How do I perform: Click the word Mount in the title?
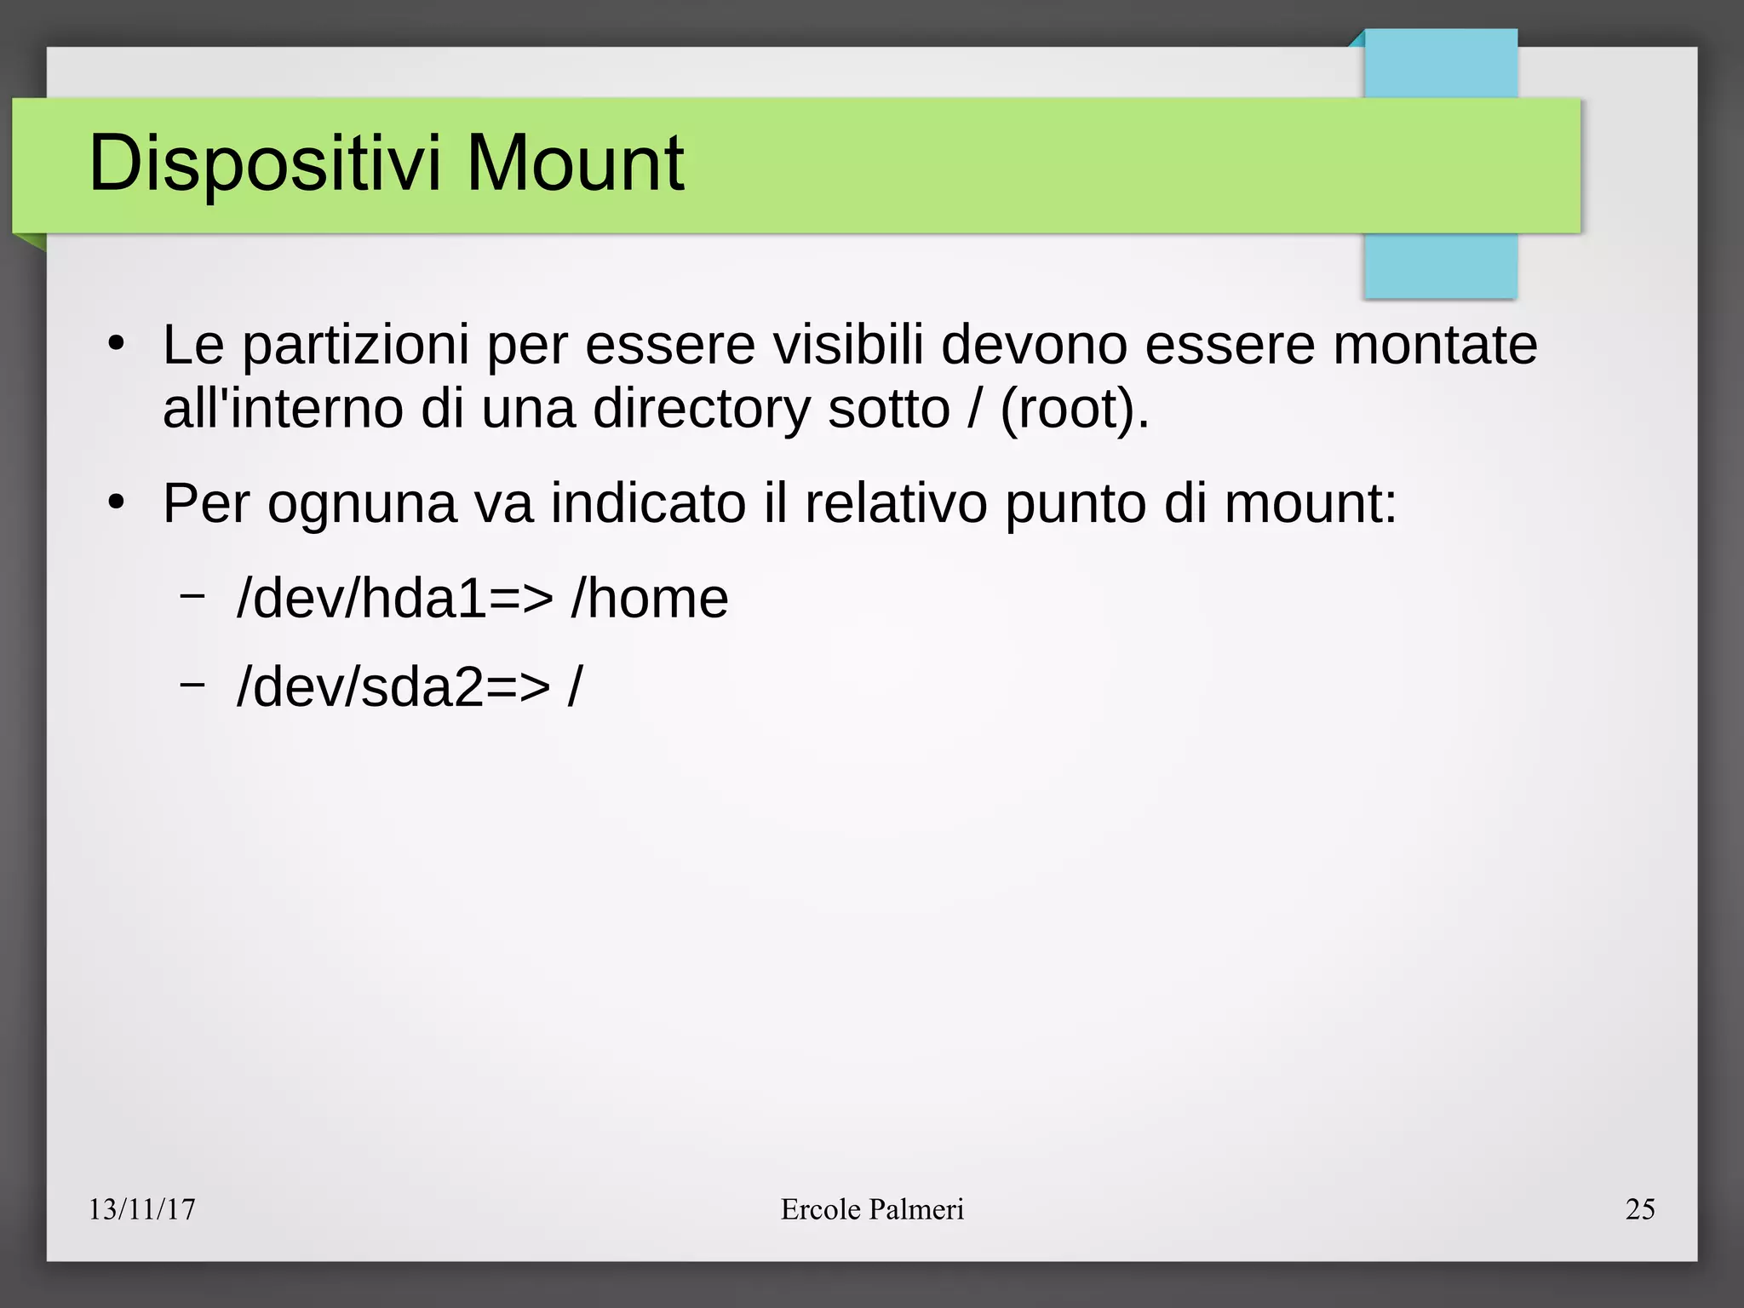575,163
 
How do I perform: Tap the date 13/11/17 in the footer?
142,1209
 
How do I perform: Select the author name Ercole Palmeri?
872,1209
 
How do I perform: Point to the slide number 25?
1639,1209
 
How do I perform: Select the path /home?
650,598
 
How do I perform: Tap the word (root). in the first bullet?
1075,409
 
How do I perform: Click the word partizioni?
355,346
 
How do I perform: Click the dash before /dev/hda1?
192,595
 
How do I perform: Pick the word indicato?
648,504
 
